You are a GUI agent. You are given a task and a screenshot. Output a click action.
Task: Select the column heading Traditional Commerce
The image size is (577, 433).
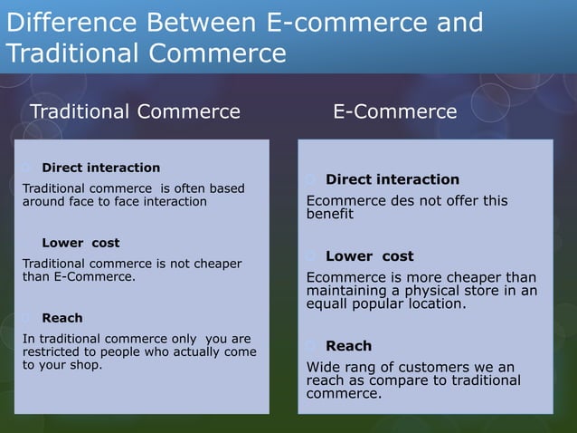tap(136, 112)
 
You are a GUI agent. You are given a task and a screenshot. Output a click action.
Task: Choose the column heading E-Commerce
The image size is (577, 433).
tap(395, 112)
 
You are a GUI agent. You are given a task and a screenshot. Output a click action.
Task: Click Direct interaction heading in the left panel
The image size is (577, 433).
tap(100, 168)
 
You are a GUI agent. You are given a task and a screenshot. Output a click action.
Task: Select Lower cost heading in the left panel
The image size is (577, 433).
tap(80, 243)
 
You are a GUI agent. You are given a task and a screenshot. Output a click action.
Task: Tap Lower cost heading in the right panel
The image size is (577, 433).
tap(369, 256)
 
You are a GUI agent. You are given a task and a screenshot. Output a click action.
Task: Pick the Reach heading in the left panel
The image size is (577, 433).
tap(62, 318)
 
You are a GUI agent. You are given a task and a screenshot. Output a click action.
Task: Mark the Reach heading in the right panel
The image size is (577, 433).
tap(348, 346)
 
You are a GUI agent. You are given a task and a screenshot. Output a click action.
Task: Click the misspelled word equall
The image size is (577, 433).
tap(330, 304)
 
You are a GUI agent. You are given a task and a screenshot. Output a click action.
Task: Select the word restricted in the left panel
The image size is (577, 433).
tap(52, 352)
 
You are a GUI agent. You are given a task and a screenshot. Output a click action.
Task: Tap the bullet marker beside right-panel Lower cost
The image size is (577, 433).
tap(312, 256)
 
